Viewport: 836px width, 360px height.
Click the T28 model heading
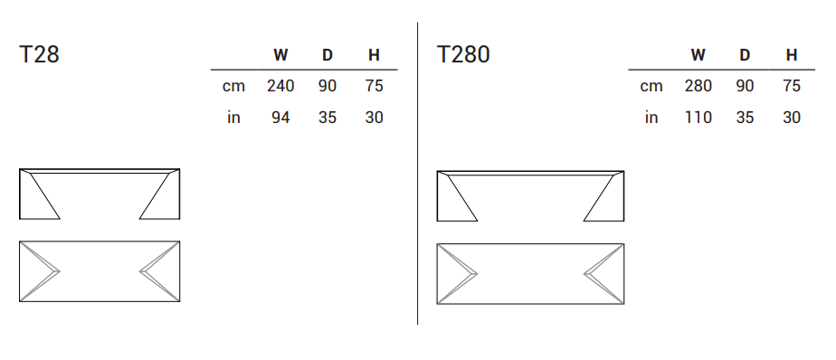(x=39, y=54)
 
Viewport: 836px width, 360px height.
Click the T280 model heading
(x=463, y=54)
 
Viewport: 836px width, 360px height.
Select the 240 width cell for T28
(x=280, y=86)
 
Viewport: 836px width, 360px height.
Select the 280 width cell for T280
(x=698, y=86)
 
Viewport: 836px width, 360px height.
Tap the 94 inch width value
(x=280, y=118)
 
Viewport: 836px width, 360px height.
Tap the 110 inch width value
(x=698, y=118)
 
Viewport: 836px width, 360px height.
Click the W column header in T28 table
(x=280, y=55)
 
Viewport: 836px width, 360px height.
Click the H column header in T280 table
(x=792, y=55)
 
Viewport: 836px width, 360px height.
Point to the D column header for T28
(x=328, y=55)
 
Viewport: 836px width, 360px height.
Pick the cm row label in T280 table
(x=651, y=87)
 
